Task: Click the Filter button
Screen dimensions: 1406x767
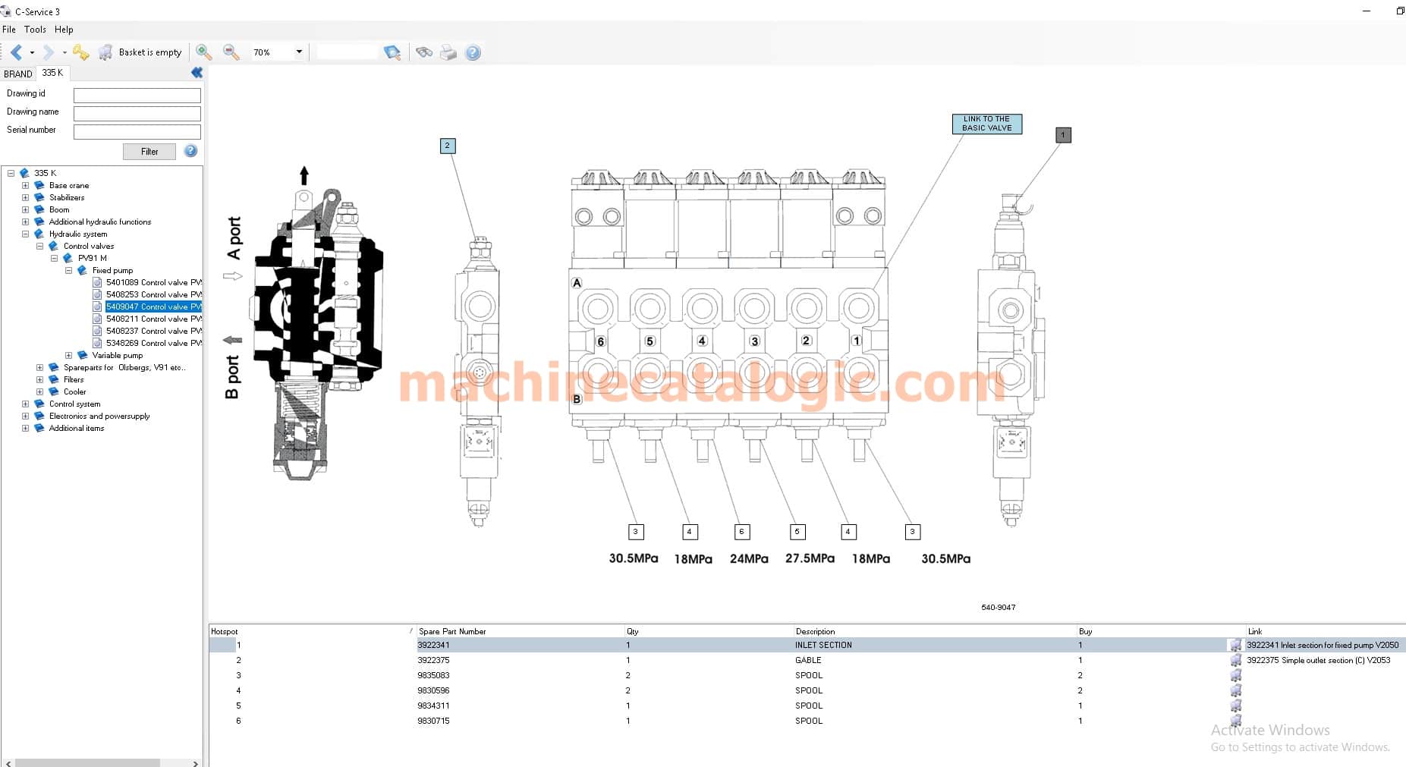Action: click(149, 152)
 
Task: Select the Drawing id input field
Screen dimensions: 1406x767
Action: click(137, 95)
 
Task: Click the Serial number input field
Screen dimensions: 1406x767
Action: click(137, 131)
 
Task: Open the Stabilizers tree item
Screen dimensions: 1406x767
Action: click(67, 197)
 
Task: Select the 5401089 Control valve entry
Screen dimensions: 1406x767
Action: click(154, 282)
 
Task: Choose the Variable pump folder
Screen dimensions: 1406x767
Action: click(117, 355)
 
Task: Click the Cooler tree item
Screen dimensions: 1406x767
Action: click(74, 391)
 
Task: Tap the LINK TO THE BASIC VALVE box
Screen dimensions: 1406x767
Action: click(987, 124)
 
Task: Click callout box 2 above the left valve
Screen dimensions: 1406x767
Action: click(448, 146)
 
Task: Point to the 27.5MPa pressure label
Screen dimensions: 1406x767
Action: click(810, 558)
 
